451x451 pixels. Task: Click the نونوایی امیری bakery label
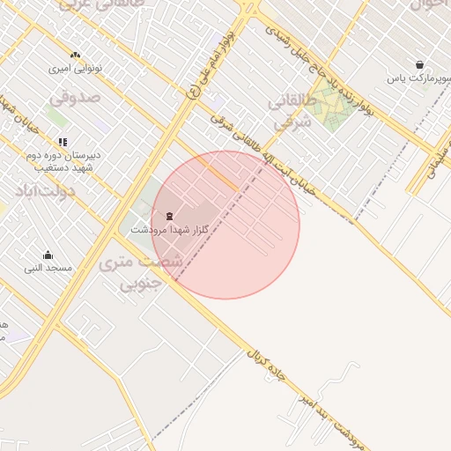[x=75, y=68]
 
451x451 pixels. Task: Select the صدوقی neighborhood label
[x=83, y=99]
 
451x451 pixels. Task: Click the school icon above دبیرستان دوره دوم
[x=62, y=141]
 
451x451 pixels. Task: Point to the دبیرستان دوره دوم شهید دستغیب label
[x=62, y=161]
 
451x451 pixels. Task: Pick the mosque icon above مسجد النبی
[x=48, y=255]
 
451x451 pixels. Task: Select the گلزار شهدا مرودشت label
[x=163, y=229]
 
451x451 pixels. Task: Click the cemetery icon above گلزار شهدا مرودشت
[x=169, y=216]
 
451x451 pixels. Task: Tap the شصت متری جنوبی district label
[x=141, y=272]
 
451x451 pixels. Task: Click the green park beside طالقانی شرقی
[x=333, y=110]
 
